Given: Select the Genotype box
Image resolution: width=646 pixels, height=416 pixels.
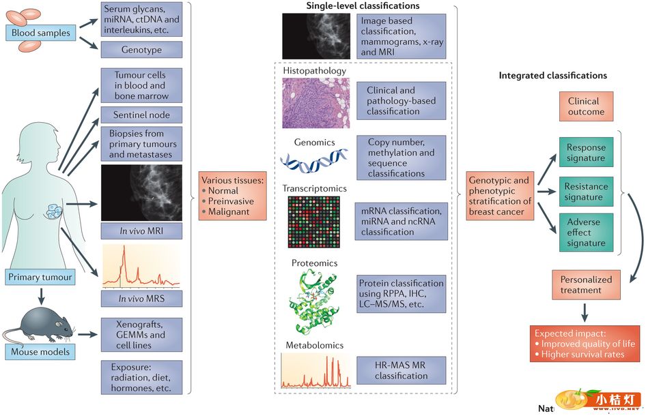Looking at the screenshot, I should tap(141, 49).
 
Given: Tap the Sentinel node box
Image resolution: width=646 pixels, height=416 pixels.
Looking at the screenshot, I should tap(141, 114).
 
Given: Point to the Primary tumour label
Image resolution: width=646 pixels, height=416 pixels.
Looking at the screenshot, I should tap(40, 277).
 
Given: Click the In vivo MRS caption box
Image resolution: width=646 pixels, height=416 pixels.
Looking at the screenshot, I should tap(141, 298).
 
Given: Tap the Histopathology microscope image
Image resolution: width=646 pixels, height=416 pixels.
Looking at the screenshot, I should tap(316, 102).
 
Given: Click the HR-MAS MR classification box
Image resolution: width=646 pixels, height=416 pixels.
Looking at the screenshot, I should tap(401, 370).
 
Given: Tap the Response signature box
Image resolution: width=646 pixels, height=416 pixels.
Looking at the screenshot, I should tap(585, 152).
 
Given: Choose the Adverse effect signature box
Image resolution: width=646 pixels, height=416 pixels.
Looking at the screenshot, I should tap(585, 232).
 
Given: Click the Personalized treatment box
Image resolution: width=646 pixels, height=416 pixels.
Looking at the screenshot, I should tap(585, 284).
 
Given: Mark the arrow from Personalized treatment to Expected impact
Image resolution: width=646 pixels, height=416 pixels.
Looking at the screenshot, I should tap(585, 312).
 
